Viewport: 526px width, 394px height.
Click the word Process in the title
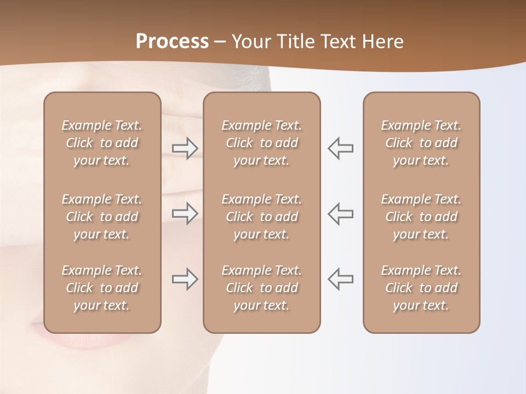(x=172, y=42)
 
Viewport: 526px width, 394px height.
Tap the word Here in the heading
(x=383, y=42)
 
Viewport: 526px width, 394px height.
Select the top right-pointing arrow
(x=185, y=148)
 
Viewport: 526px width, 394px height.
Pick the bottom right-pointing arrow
(x=185, y=279)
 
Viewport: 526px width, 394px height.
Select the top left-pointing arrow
(x=341, y=148)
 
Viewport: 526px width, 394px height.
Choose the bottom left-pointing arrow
(x=341, y=279)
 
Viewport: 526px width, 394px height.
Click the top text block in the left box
(x=102, y=143)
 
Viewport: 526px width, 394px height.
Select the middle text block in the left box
(x=102, y=217)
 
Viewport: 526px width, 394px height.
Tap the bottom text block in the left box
(x=102, y=288)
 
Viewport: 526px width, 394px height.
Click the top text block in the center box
(x=262, y=143)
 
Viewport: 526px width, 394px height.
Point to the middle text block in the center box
(x=262, y=217)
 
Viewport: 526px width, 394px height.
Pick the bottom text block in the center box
(x=262, y=288)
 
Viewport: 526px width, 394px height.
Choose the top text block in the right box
(x=421, y=143)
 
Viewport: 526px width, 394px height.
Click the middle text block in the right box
(x=421, y=217)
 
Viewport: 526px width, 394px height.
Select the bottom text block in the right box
(x=421, y=288)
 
